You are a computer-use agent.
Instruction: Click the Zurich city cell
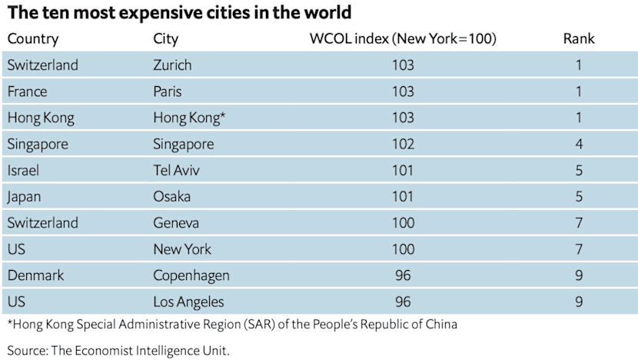pos(172,65)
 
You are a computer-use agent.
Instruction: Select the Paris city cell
pos(168,92)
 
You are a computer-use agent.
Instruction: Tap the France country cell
pos(27,92)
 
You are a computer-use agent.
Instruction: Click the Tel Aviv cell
pos(174,170)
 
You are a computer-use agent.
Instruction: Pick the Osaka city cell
pos(171,196)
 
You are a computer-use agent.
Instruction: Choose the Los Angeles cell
pos(188,301)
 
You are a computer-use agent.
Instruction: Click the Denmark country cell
pos(35,275)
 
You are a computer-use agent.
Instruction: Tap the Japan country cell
pos(24,196)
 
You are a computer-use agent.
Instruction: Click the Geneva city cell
pos(176,222)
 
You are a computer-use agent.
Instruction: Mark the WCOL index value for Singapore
pos(403,144)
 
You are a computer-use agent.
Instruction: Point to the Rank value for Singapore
pos(578,144)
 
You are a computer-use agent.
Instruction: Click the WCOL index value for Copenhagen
pos(403,275)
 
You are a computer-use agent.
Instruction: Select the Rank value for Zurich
pos(578,65)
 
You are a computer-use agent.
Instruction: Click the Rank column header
pos(578,38)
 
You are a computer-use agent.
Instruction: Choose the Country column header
pos(33,38)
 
